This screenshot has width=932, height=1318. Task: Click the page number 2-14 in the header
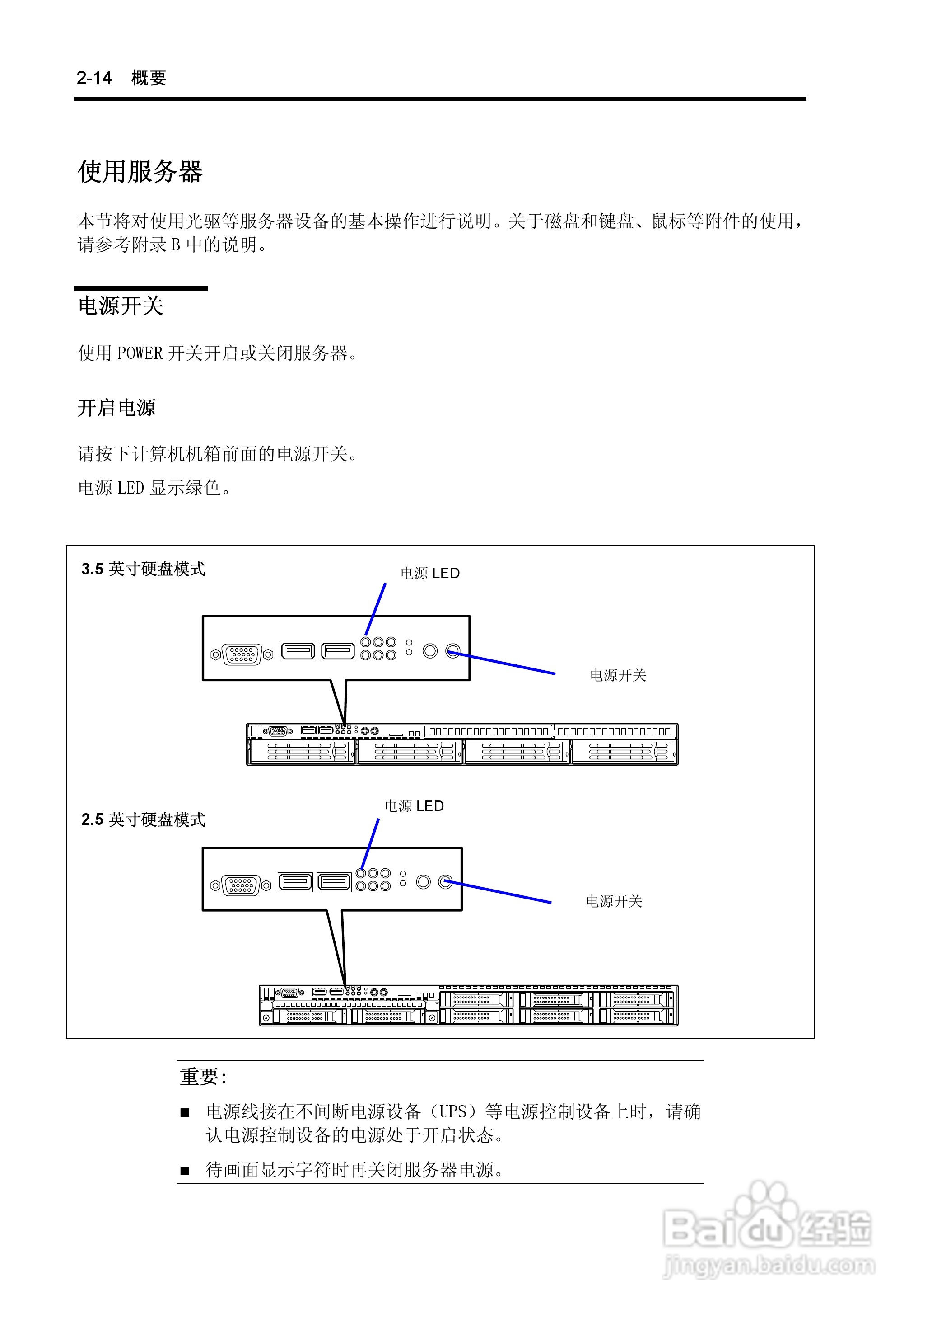click(94, 78)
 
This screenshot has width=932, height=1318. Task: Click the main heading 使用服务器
click(140, 172)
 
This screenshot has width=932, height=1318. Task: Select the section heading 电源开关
click(121, 306)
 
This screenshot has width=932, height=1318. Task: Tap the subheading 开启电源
click(116, 408)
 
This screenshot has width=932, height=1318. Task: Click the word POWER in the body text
click(140, 353)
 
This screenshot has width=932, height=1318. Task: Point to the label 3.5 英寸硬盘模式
click(144, 569)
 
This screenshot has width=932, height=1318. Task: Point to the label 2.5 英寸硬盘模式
click(144, 819)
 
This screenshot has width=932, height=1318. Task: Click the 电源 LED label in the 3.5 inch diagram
click(430, 573)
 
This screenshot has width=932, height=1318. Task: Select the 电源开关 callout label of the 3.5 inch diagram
click(618, 675)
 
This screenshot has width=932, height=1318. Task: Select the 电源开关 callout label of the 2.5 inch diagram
click(614, 902)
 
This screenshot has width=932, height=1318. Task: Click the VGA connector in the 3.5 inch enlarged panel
click(242, 654)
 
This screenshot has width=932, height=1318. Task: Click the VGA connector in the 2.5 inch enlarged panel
click(241, 885)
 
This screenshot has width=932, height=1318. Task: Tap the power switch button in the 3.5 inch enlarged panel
click(453, 651)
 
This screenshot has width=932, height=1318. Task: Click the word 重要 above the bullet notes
click(199, 1076)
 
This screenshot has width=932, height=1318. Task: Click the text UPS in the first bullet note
click(453, 1112)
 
